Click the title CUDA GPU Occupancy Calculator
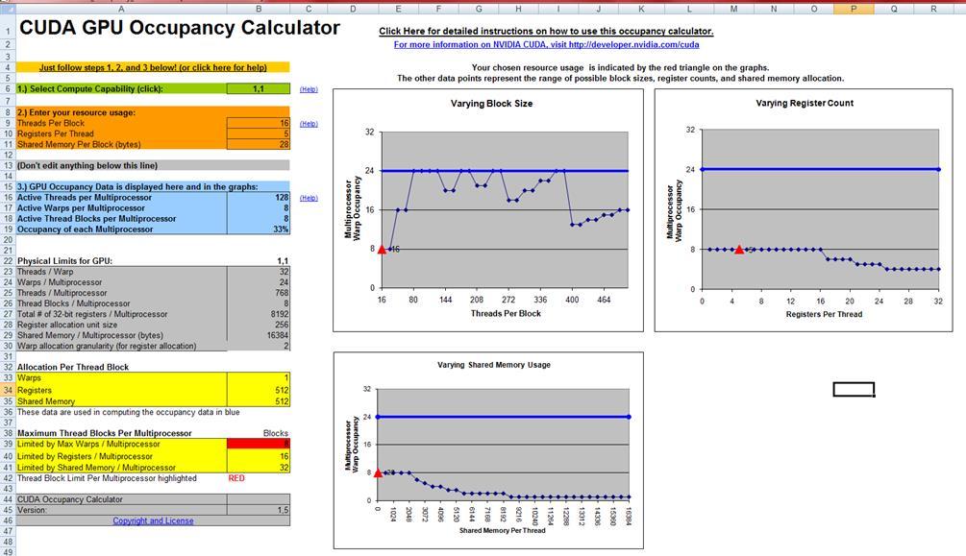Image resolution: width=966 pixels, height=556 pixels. coord(180,28)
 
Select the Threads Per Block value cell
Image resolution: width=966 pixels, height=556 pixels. coord(259,123)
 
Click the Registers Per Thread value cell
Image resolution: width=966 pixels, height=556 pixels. coord(259,133)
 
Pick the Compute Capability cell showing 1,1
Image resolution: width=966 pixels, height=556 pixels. coord(259,88)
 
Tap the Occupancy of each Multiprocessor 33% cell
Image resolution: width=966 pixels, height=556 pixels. coord(259,230)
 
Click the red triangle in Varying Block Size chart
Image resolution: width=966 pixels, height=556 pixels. coord(382,249)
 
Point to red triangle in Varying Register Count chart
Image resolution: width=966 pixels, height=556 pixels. coord(739,249)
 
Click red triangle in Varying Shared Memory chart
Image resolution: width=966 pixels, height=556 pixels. coord(378,472)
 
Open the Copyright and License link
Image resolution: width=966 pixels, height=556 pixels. coord(153,520)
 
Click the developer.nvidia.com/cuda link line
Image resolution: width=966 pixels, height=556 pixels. coord(546,44)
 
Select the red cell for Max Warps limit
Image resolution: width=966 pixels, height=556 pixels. coord(259,445)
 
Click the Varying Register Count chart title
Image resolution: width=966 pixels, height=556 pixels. coord(805,103)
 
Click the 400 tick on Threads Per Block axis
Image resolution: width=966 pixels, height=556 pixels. coord(572,300)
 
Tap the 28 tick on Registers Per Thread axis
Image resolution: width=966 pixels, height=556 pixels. coord(908,301)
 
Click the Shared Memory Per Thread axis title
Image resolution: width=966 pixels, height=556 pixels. coord(504,530)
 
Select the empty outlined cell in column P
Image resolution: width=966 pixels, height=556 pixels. coord(854,389)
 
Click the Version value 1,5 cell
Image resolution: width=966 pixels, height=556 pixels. coord(259,510)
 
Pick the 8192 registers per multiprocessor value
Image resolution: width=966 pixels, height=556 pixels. coord(259,314)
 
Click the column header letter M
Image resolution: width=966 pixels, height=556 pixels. coord(734,9)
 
